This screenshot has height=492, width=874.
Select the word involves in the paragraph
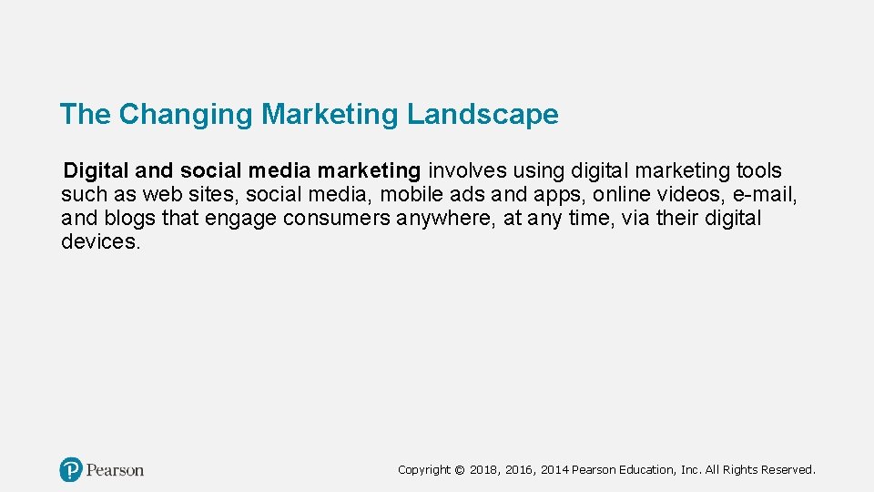click(x=469, y=170)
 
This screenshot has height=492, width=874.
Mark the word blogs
click(x=129, y=218)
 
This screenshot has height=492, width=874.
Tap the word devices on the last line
click(x=100, y=241)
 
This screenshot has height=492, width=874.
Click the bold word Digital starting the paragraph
click(x=97, y=170)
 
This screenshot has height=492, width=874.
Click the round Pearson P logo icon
click(x=71, y=470)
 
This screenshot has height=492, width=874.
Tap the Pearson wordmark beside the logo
click(x=116, y=470)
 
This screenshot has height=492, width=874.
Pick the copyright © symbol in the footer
click(x=460, y=470)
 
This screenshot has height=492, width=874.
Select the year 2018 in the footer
click(x=483, y=470)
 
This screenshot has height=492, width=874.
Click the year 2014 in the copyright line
click(x=554, y=470)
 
